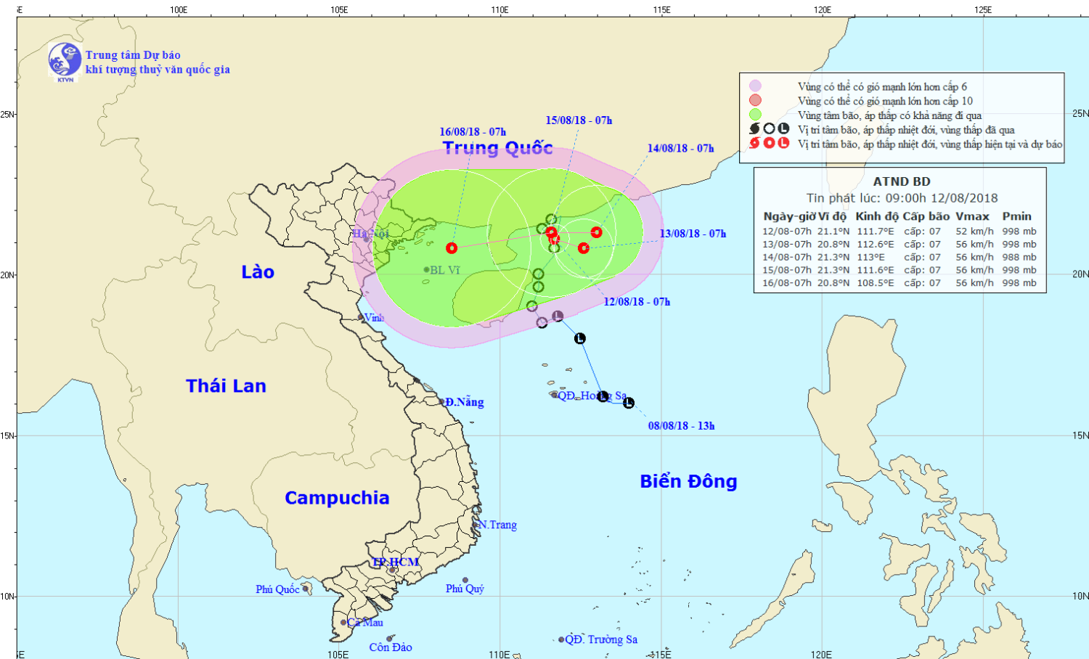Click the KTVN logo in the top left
[65, 60]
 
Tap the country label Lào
[258, 272]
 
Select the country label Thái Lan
[226, 386]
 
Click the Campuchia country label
[337, 498]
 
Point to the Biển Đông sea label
[688, 482]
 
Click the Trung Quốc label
[498, 148]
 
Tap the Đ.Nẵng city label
[465, 402]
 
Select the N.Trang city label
[498, 525]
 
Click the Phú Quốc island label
[277, 589]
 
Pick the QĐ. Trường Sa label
[601, 639]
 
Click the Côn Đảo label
[391, 647]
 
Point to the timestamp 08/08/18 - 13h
[681, 426]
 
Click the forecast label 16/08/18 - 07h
[473, 132]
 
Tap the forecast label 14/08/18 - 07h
[680, 148]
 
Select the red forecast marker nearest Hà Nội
[452, 248]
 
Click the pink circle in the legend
[756, 86]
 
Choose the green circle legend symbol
[756, 115]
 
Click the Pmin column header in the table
[1016, 216]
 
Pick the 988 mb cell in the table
[1019, 257]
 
